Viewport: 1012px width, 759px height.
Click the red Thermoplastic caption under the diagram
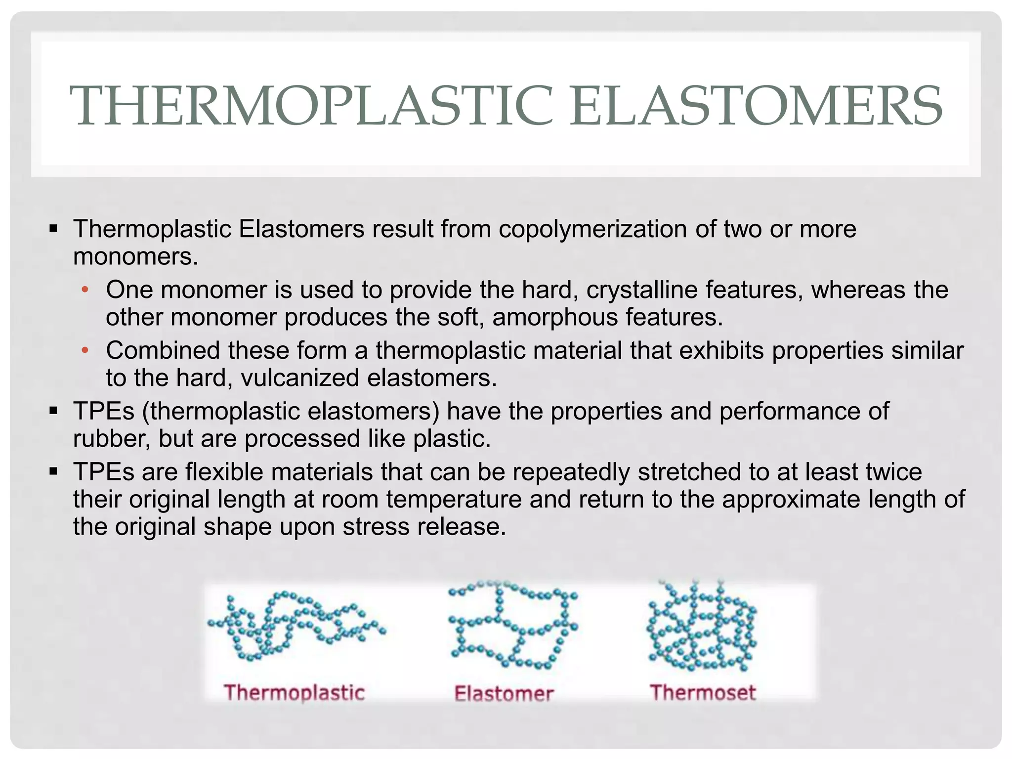295,693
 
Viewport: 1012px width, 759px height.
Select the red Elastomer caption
504,694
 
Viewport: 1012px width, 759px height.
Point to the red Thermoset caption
703,693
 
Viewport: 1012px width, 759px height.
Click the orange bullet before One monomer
85,290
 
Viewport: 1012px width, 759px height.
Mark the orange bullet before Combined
85,351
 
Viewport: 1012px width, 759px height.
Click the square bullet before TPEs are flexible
54,472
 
